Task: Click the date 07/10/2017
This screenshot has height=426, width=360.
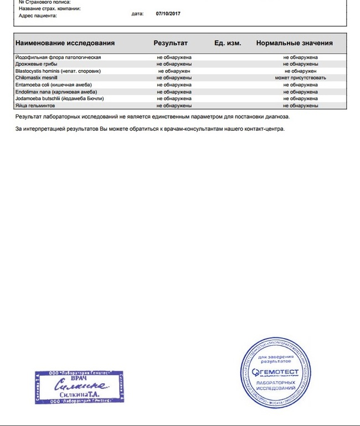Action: (x=166, y=13)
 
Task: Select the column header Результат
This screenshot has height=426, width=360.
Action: (x=171, y=43)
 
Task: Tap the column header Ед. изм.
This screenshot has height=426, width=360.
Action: (x=228, y=43)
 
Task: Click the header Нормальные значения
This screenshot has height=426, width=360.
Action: (x=294, y=43)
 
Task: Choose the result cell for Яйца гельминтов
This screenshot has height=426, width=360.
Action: (x=174, y=105)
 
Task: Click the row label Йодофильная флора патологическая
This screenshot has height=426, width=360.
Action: (x=58, y=57)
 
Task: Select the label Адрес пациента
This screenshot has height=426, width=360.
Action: (x=38, y=16)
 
